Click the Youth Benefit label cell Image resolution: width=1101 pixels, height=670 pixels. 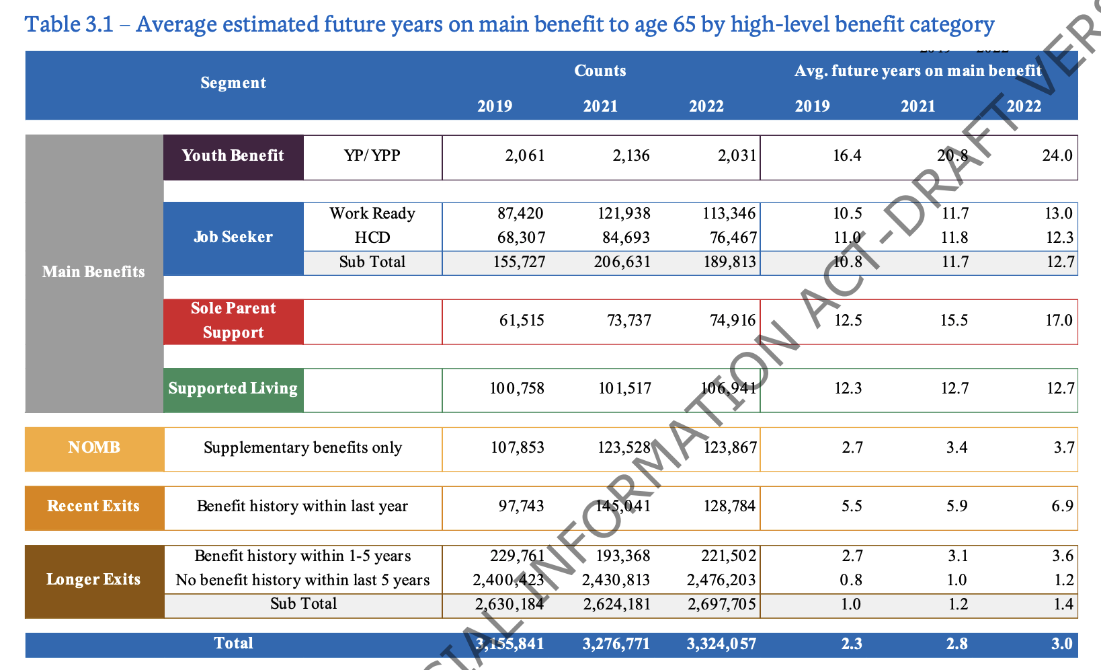(x=233, y=156)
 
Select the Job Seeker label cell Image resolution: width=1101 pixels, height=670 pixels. (x=233, y=237)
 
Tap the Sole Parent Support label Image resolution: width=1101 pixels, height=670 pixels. (x=233, y=321)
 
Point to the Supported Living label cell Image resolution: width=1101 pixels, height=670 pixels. (x=233, y=389)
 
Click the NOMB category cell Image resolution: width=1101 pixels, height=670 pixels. (x=94, y=448)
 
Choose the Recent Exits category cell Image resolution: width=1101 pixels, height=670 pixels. (x=93, y=507)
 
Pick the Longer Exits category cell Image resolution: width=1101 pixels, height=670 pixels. (x=93, y=580)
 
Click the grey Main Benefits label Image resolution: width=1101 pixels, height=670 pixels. (x=93, y=272)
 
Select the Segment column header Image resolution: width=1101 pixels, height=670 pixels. (x=233, y=83)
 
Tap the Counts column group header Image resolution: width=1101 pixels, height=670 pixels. (x=600, y=71)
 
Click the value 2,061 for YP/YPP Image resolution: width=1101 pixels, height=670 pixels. (x=525, y=156)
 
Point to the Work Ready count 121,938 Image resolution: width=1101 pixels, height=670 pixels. (x=624, y=214)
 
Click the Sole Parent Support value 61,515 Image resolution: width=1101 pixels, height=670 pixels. (x=522, y=321)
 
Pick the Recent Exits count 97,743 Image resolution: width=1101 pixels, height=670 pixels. (x=522, y=507)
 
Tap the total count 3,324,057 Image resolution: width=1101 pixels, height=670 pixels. (x=721, y=644)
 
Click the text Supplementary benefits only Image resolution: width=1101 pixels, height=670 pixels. (x=302, y=448)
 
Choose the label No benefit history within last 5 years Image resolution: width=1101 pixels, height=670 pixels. (x=302, y=580)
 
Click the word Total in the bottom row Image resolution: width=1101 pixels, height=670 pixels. (x=233, y=644)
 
